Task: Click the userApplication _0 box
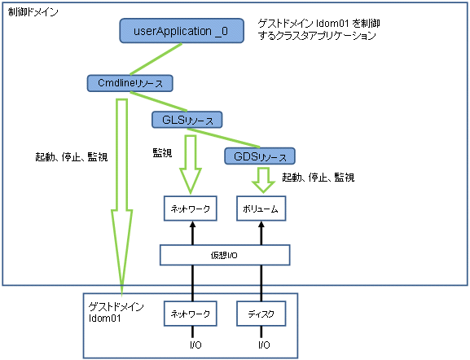[x=182, y=31]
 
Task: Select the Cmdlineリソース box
[x=130, y=83]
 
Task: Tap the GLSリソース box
[x=187, y=120]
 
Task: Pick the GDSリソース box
[x=260, y=156]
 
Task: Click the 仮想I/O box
[x=225, y=255]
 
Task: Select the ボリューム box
[x=261, y=209]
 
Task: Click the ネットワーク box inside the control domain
[x=191, y=209]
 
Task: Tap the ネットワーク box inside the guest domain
[x=191, y=314]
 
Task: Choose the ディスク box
[x=261, y=314]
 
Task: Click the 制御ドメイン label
[x=33, y=12]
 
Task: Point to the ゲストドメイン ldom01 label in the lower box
[x=116, y=312]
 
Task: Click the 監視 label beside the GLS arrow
[x=162, y=153]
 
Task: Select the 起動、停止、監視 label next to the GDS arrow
[x=318, y=178]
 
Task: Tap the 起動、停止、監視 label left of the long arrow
[x=72, y=156]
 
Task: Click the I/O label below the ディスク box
[x=264, y=345]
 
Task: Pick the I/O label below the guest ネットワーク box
[x=195, y=345]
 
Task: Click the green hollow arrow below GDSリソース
[x=263, y=180]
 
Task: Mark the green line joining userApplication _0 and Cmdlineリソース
[x=156, y=59]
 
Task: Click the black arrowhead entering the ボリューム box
[x=261, y=225]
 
